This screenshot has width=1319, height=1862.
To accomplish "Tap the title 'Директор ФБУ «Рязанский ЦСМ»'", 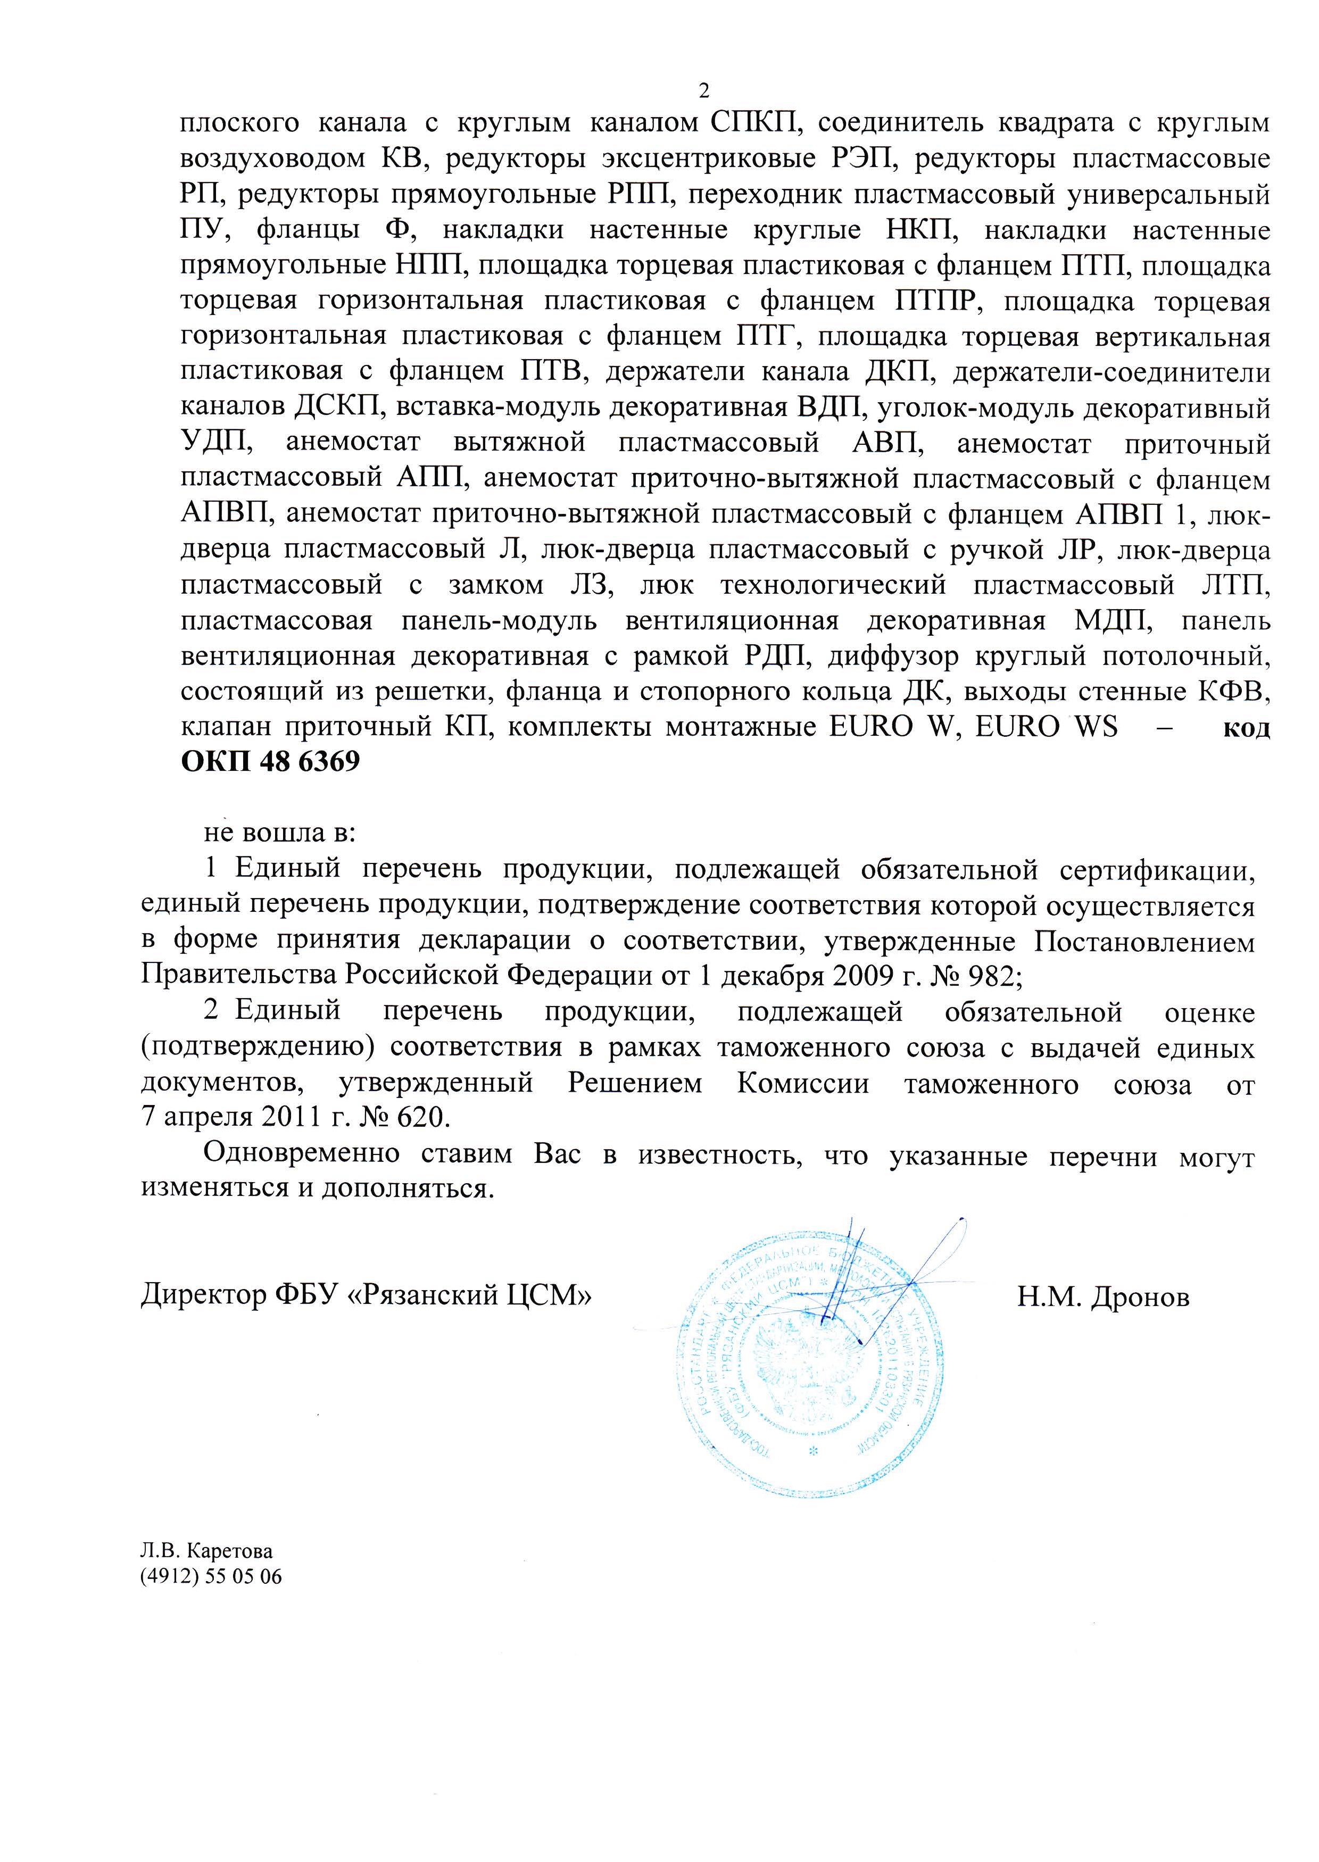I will (x=366, y=1294).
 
